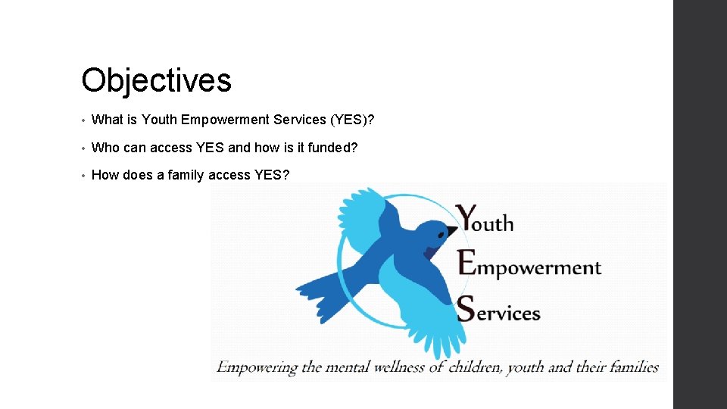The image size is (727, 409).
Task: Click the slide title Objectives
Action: point(156,80)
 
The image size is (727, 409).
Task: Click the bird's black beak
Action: point(452,230)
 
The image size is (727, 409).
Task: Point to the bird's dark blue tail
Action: point(322,292)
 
